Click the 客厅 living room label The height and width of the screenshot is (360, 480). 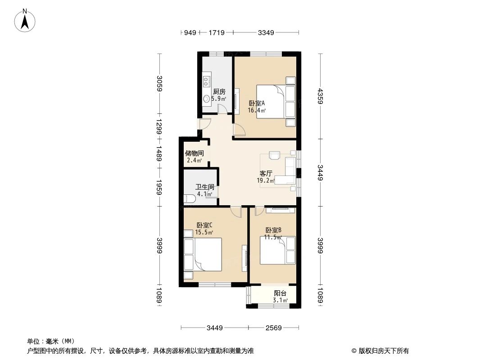tap(266, 173)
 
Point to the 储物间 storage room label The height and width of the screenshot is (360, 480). tap(194, 153)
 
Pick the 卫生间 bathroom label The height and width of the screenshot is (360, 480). tap(204, 187)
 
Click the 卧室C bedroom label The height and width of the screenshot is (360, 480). tap(204, 225)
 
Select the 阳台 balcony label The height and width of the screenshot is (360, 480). tap(280, 293)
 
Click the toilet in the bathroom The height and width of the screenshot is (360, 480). tap(189, 198)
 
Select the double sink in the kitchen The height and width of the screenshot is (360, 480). tap(207, 81)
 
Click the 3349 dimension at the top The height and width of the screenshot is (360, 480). tap(266, 32)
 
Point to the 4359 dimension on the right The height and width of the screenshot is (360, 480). tap(321, 96)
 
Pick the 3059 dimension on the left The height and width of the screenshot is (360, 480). tap(159, 84)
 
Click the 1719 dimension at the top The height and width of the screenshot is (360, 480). tap(217, 32)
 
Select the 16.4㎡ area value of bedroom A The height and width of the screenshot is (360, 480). tap(257, 110)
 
